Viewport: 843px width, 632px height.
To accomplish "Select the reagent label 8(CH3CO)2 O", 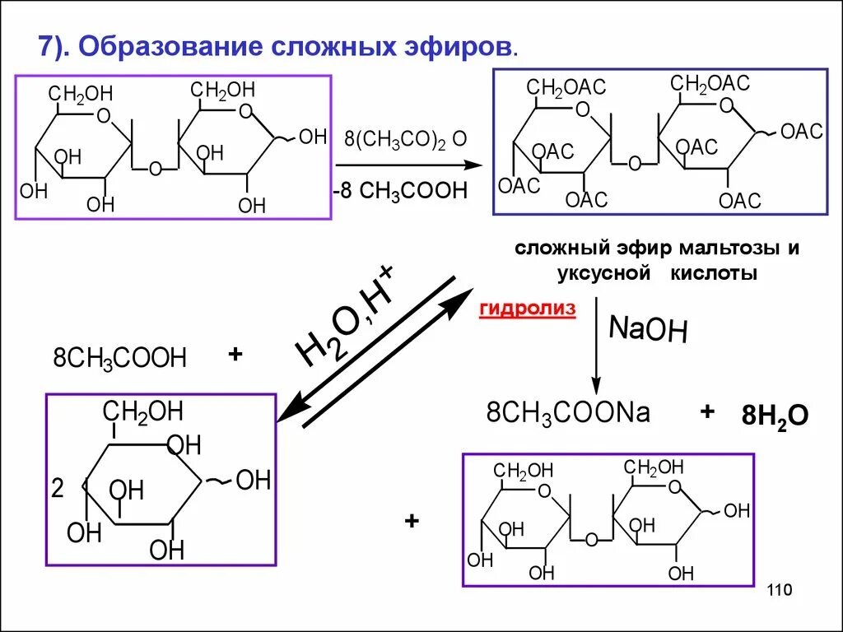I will point(405,137).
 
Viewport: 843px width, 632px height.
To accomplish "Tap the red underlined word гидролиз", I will point(527,309).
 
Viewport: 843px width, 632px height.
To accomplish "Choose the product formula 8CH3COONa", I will point(568,413).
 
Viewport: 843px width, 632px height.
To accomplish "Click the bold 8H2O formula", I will point(775,416).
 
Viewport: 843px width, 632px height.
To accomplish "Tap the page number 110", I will point(778,590).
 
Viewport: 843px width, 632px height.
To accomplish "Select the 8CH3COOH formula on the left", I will point(120,358).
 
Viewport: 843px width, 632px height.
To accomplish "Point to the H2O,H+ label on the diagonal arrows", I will point(346,317).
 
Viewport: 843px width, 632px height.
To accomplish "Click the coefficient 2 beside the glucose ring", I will point(57,489).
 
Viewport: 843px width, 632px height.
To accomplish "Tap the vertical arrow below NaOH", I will point(597,351).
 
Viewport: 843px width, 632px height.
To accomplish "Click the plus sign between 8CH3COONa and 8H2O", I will point(706,411).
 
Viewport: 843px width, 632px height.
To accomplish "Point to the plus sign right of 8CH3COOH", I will point(235,355).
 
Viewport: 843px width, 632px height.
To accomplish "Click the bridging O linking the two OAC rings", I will point(634,163).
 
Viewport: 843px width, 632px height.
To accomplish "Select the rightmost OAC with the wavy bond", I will point(802,132).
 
